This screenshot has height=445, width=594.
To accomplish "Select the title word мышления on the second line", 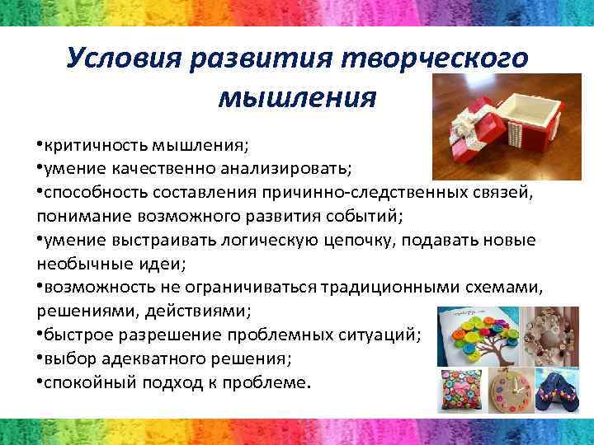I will click(x=297, y=96).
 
